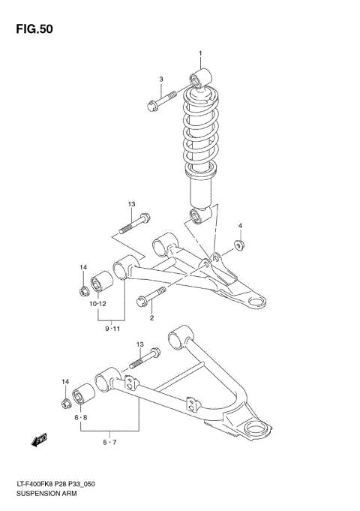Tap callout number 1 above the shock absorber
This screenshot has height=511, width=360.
tap(200, 53)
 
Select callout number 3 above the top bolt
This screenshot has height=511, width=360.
tap(160, 80)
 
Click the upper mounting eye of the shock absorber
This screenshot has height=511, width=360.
tap(202, 78)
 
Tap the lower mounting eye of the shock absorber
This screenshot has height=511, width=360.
tap(200, 217)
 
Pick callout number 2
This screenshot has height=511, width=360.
tap(151, 318)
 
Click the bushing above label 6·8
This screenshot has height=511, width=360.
tap(82, 395)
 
